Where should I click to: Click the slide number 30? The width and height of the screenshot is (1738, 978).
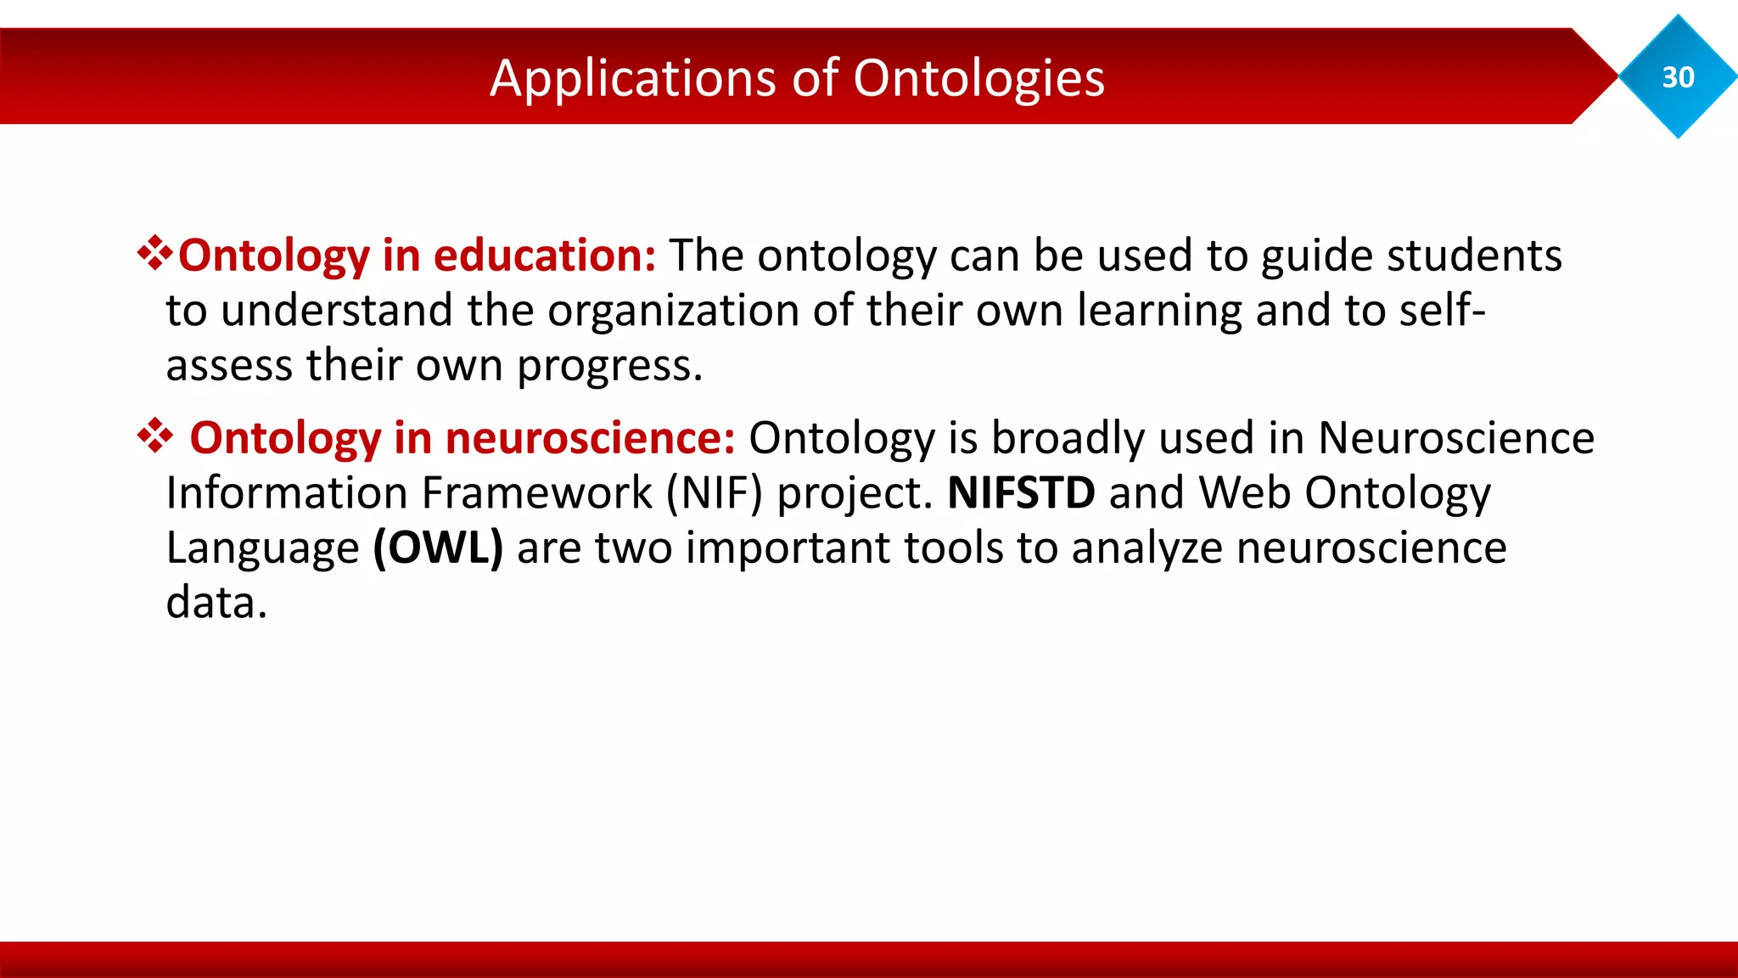click(1678, 77)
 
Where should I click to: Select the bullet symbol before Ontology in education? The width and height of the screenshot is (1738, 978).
click(154, 254)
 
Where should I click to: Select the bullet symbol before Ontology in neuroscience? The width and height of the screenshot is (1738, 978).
click(154, 436)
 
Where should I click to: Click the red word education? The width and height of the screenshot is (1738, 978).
click(545, 255)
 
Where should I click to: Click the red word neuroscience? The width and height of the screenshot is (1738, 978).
click(590, 438)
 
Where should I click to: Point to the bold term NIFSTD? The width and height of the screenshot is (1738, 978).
click(1021, 492)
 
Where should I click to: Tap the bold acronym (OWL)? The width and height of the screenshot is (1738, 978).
click(438, 548)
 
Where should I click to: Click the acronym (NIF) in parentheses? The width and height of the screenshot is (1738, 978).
click(715, 492)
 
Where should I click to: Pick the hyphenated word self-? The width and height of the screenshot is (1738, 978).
click(1443, 310)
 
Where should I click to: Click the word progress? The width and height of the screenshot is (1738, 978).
click(609, 367)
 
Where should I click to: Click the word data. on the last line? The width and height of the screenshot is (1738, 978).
click(216, 603)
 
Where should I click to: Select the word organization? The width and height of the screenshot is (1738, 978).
click(672, 311)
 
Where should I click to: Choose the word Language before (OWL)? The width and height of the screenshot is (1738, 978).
click(262, 549)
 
